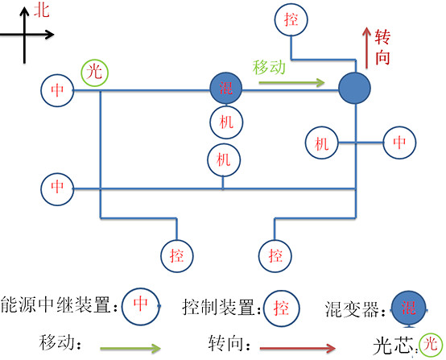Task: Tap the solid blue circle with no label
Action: coord(353,87)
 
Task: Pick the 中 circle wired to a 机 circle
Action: coord(399,143)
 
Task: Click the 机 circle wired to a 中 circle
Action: coord(322,144)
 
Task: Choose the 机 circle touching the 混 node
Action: coord(224,122)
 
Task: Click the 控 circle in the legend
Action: coord(280,307)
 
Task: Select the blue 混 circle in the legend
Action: coord(409,306)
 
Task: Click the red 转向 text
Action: coord(385,46)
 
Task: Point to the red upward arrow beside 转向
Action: coord(367,48)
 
